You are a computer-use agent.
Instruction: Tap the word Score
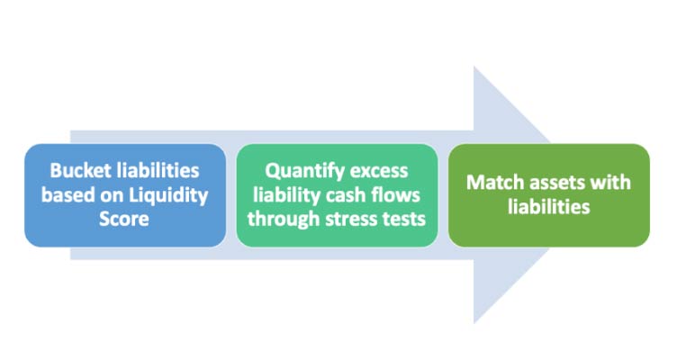click(x=124, y=219)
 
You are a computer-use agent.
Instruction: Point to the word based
click(x=68, y=195)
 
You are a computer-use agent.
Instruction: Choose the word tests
click(x=403, y=220)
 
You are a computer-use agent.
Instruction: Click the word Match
click(x=492, y=182)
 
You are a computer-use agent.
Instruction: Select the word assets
click(x=550, y=183)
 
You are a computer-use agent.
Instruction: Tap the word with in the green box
click(x=608, y=182)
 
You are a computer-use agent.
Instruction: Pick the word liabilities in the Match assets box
click(x=549, y=207)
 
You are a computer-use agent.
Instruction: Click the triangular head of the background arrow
click(x=512, y=195)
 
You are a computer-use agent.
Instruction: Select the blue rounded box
click(x=125, y=195)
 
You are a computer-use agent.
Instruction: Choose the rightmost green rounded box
click(x=549, y=195)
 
